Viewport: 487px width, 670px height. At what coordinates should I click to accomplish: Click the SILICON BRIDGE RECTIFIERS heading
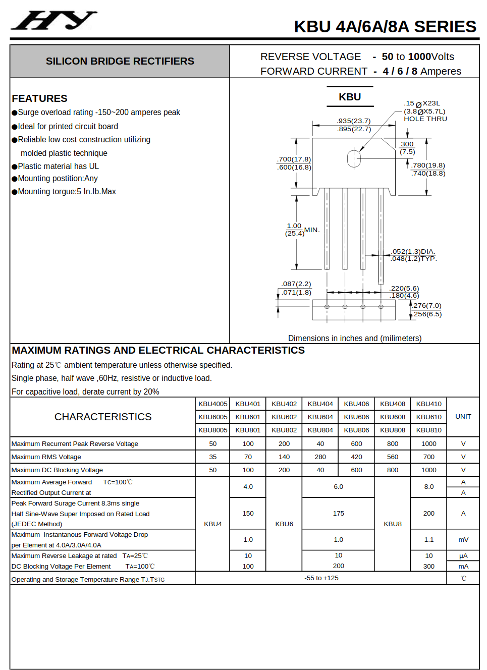coord(120,61)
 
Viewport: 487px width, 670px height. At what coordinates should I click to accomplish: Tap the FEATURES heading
coord(39,98)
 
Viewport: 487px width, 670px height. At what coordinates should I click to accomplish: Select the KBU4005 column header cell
coord(212,404)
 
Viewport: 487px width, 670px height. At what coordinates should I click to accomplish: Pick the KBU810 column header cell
coord(428,430)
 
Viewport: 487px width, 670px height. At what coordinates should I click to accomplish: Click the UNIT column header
coord(463,417)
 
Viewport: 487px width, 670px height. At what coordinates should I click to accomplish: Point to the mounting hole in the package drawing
coord(354,158)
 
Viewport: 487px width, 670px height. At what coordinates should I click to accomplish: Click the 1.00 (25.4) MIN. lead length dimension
coord(302,230)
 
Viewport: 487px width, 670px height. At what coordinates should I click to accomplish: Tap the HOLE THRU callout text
coord(425,119)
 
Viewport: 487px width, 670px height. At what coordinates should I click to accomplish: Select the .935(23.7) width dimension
coord(354,121)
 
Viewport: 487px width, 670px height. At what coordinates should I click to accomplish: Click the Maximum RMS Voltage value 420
coord(356,457)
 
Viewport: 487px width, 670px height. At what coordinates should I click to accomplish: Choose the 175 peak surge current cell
coord(338,513)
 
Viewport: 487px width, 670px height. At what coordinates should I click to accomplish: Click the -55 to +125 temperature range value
coord(321,578)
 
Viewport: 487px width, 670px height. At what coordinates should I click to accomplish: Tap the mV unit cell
coord(463,540)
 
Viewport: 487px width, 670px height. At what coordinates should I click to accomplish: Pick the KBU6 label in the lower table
coord(284,524)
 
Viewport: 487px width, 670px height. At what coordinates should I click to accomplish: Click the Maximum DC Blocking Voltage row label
coord(57,470)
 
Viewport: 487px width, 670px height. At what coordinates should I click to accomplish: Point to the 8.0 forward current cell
coord(428,487)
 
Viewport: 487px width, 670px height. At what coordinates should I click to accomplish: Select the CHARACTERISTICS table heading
coord(103,417)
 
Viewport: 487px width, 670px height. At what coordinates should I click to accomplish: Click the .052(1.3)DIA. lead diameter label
coord(413,252)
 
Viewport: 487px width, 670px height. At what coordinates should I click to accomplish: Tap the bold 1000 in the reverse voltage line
coord(419,57)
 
